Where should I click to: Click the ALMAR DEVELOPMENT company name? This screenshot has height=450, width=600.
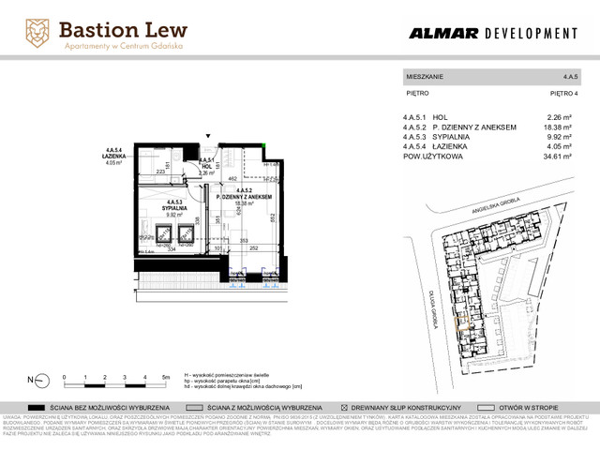coord(492,34)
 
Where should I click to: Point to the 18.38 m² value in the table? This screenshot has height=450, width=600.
coord(557,127)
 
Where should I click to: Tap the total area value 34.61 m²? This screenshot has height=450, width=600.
coord(557,157)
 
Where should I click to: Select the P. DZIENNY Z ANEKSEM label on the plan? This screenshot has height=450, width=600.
coord(244,196)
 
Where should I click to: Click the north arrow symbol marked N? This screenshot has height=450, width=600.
coord(37,380)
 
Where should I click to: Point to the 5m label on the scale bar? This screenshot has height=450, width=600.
coord(165,376)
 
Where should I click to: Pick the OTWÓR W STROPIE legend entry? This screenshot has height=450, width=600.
coord(547,409)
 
